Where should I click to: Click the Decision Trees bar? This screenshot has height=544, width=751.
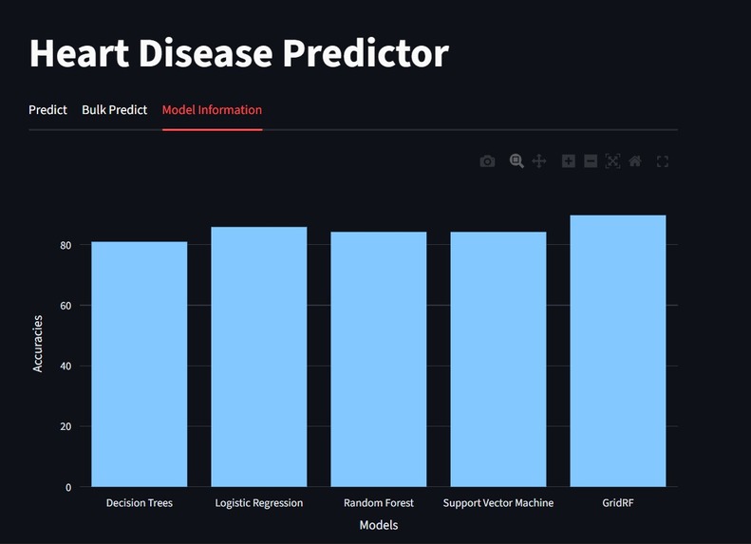pos(139,365)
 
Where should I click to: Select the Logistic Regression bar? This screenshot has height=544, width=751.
pos(258,357)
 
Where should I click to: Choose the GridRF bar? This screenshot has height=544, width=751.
pos(617,351)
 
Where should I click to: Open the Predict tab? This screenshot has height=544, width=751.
pos(47,110)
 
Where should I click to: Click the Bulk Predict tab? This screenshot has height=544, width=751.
pos(114,110)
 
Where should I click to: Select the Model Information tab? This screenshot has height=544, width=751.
pos(212,110)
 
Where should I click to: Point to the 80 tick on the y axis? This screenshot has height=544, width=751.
pos(66,245)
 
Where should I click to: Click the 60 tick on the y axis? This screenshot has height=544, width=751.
pos(66,306)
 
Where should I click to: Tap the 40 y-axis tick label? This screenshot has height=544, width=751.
pos(66,366)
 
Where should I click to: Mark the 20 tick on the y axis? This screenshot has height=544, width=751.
pos(66,426)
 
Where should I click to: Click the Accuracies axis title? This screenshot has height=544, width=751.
pos(38,344)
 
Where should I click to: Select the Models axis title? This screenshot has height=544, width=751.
pos(378,525)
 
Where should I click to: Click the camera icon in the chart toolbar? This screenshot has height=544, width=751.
pos(487,161)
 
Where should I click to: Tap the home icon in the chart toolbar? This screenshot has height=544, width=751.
pos(635,161)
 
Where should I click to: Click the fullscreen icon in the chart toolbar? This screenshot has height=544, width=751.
pos(663,161)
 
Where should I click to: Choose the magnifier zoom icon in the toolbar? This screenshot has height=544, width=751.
pos(516,161)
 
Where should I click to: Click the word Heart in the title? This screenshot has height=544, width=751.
pos(79,53)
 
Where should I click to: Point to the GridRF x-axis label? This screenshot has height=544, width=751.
pos(617,503)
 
